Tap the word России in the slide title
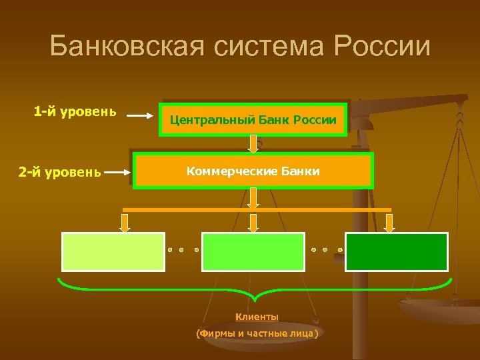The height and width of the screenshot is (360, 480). (383, 47)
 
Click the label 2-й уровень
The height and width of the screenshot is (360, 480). (60, 173)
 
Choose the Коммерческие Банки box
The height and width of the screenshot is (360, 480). (253, 171)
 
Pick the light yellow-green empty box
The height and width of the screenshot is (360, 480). (113, 251)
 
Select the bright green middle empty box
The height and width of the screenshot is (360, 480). (253, 251)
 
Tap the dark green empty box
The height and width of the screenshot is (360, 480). (396, 251)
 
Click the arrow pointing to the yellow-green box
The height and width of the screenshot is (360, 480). (125, 223)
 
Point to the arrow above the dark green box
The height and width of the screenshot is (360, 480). (389, 223)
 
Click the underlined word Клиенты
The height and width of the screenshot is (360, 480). (257, 317)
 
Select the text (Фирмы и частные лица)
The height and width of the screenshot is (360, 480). (257, 333)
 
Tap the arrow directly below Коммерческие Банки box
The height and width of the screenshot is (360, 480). (254, 197)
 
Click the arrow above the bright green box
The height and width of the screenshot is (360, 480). (253, 223)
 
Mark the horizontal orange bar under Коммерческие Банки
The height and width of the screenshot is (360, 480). (257, 209)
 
